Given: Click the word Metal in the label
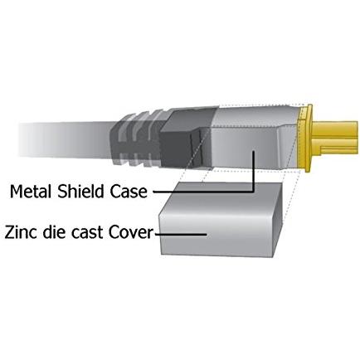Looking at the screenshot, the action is tap(32, 191).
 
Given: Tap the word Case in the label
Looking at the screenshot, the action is tap(129, 192).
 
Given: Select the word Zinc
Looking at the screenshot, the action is tap(21, 232).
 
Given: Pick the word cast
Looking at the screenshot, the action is tap(87, 233).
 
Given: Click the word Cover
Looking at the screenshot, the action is tap(130, 232).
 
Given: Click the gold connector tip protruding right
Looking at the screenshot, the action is tap(335, 139).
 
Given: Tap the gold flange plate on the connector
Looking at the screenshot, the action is tap(305, 139).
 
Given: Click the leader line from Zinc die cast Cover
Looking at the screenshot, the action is tap(181, 234).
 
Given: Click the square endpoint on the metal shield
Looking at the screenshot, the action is tap(253, 153).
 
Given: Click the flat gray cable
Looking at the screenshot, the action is tap(65, 139).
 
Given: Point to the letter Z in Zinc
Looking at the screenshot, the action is tap(10, 232).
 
